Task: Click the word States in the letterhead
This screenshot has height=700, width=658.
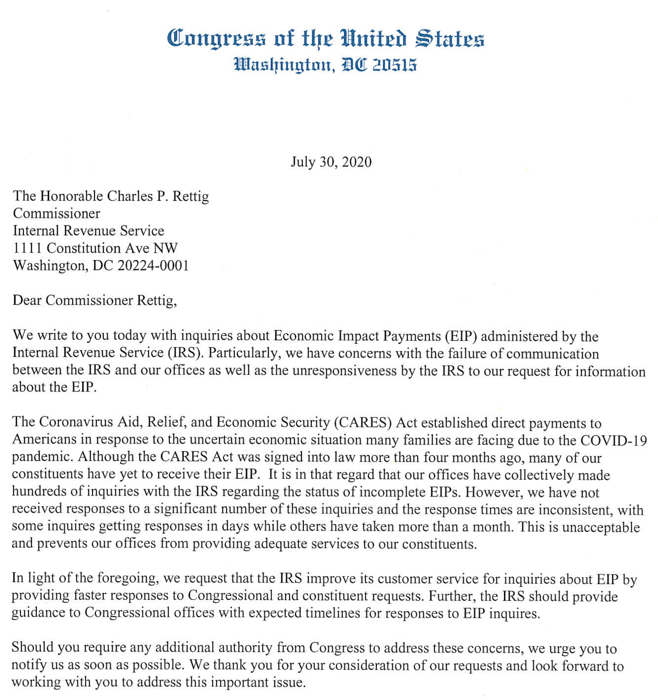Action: [x=449, y=39]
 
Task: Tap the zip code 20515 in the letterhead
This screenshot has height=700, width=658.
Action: [x=395, y=65]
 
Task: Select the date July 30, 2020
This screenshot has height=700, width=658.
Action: [x=331, y=162]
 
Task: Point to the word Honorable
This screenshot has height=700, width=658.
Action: [x=72, y=196]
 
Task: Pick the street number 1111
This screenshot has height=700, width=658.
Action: [x=28, y=248]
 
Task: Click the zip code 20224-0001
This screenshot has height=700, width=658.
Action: [x=153, y=266]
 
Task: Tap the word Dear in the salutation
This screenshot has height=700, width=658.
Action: [x=27, y=300]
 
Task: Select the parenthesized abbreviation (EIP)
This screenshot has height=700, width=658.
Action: [x=460, y=336]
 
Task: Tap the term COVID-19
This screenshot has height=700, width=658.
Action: [x=613, y=440]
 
